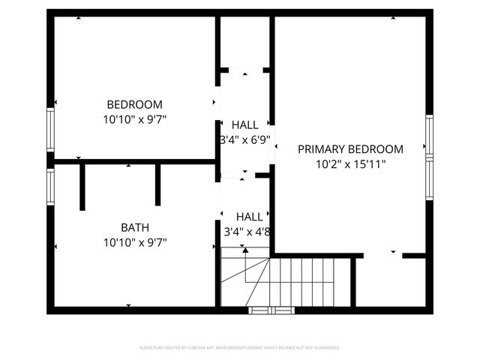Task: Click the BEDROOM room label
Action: pyautogui.click(x=134, y=104)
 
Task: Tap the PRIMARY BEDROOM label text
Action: pyautogui.click(x=350, y=149)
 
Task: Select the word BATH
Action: pyautogui.click(x=135, y=227)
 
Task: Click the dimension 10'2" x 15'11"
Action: pyautogui.click(x=350, y=163)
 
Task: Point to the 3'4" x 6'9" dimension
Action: pyautogui.click(x=244, y=139)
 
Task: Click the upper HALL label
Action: pyautogui.click(x=244, y=124)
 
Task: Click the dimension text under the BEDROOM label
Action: pyautogui.click(x=135, y=118)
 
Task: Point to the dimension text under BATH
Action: pyautogui.click(x=135, y=242)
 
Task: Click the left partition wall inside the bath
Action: pyautogui.click(x=82, y=186)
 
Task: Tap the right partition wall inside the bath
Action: pyautogui.click(x=158, y=184)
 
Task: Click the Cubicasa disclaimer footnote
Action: pyautogui.click(x=240, y=348)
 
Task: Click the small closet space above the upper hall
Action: pyautogui.click(x=244, y=42)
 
